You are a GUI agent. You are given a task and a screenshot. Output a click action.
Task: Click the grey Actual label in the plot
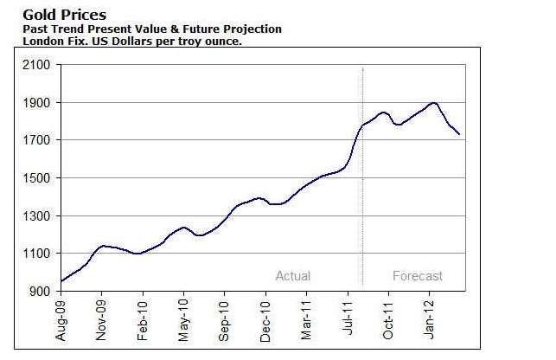coord(292,276)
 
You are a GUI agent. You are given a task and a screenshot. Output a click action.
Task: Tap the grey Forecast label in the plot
coord(418,276)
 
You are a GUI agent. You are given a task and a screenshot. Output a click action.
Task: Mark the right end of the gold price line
coord(459,134)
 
